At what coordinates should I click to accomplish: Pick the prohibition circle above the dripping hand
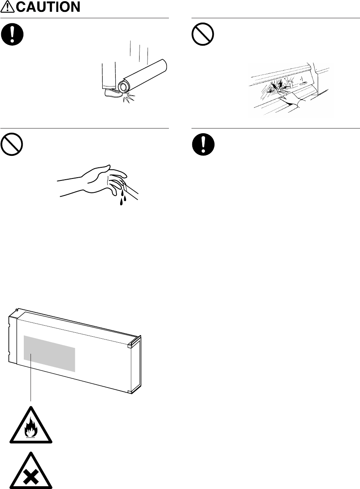12,145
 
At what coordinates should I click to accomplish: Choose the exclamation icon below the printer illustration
203,145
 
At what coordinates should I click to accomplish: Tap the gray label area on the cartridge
49,353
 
